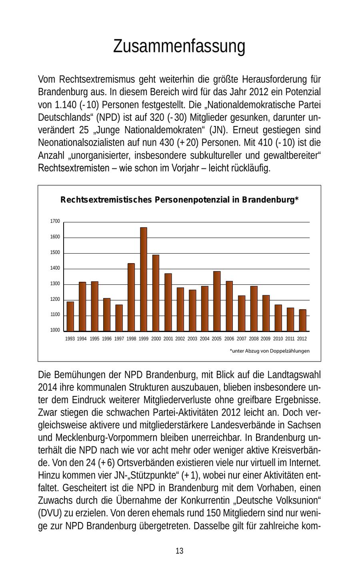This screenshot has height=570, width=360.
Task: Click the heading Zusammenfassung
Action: click(179, 46)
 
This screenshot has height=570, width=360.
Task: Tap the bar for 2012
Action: click(302, 320)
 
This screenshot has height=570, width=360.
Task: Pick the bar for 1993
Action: click(70, 316)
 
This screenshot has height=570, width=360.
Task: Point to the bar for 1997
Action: click(119, 318)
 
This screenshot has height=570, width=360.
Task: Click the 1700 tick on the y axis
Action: click(55, 221)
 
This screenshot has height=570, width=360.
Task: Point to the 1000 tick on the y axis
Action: click(55, 330)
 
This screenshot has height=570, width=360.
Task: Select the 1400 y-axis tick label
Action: click(55, 268)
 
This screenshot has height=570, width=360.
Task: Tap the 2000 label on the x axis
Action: click(156, 339)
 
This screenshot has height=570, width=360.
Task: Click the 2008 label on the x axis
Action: click(254, 339)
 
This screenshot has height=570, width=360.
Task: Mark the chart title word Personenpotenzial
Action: click(194, 200)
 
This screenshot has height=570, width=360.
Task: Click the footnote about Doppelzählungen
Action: click(270, 351)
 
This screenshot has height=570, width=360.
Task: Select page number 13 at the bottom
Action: click(180, 551)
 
